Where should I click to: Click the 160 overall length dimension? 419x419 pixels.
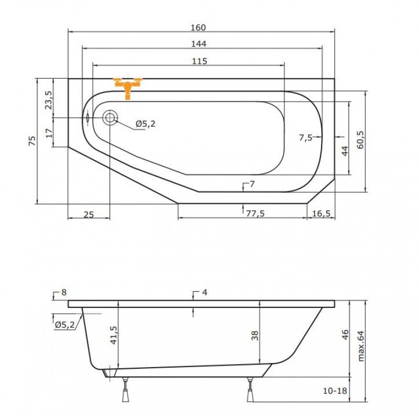pyautogui.click(x=199, y=28)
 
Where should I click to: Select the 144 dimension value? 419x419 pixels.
pyautogui.click(x=199, y=44)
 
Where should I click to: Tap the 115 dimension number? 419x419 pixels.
pyautogui.click(x=200, y=61)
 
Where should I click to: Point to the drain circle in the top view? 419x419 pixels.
pyautogui.click(x=110, y=117)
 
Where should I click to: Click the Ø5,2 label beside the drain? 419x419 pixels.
pyautogui.click(x=146, y=124)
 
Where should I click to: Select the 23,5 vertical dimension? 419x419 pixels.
pyautogui.click(x=49, y=100)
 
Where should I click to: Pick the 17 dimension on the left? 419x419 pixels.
pyautogui.click(x=49, y=133)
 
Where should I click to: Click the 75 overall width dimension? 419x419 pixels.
pyautogui.click(x=32, y=140)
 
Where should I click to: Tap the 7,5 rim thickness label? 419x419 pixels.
pyautogui.click(x=305, y=138)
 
